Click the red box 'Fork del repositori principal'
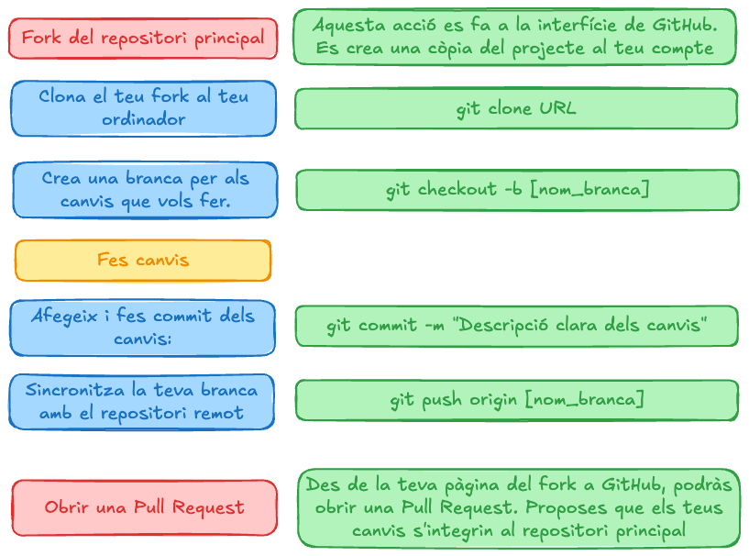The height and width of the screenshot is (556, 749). tap(142, 39)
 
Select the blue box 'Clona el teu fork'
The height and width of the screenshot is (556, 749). tap(143, 107)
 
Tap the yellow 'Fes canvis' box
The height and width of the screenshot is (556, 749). tap(143, 261)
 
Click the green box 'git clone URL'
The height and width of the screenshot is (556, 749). tap(516, 108)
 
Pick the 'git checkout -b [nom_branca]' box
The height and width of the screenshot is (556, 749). tap(517, 190)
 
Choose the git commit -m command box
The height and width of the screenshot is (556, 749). tap(516, 326)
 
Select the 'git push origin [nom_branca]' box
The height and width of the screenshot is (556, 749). tap(517, 400)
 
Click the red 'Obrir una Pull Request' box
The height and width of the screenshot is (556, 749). tap(144, 507)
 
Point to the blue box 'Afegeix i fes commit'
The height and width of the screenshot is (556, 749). tap(142, 327)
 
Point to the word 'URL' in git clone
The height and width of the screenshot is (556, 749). tap(557, 108)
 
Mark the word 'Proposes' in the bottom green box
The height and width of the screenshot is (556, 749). tap(592, 507)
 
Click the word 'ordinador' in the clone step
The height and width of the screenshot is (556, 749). tap(144, 119)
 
